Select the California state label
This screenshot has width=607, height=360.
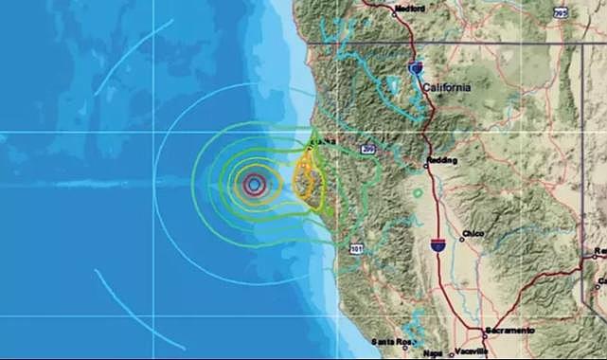(x=446, y=87)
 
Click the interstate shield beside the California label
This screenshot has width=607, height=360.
(x=416, y=68)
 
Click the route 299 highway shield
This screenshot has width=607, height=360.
(x=367, y=148)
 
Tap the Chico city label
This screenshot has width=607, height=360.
(x=474, y=234)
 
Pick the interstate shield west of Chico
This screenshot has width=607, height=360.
(x=437, y=244)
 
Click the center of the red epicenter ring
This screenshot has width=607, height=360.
(x=254, y=185)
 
